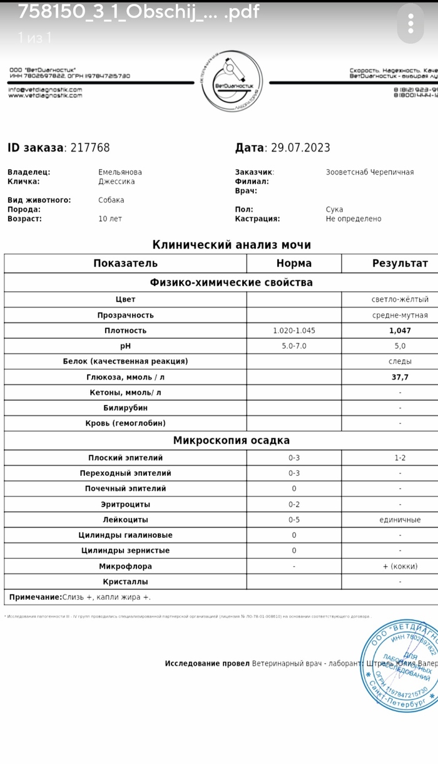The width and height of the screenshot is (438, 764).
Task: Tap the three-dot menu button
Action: [410, 23]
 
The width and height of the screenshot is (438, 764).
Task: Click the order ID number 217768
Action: [90, 148]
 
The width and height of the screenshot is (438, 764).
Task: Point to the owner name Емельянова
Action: [120, 172]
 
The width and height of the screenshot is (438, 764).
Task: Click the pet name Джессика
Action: [116, 182]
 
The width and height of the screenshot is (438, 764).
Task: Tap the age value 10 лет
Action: [110, 219]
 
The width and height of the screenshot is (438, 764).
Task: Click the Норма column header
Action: [294, 263]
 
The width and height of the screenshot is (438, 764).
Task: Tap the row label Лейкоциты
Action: [125, 520]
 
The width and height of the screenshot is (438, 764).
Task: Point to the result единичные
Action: [400, 520]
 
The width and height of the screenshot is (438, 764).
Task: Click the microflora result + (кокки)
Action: [400, 566]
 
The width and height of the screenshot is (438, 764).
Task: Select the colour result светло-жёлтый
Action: [400, 299]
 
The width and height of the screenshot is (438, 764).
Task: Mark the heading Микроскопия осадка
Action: [232, 440]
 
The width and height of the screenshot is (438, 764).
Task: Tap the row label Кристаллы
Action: [125, 582]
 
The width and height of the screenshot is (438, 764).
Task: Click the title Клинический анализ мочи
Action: [232, 245]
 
